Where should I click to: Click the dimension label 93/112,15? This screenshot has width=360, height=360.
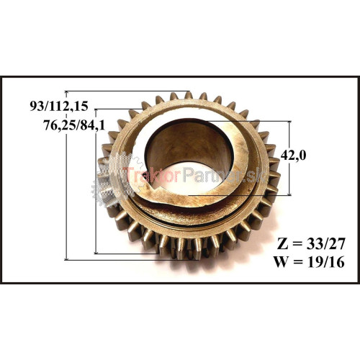coord(59,106)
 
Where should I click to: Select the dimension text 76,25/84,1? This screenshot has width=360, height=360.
coord(74,125)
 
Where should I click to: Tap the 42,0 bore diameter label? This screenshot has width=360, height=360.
coord(293,156)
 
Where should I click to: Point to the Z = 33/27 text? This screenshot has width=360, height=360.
coord(311,244)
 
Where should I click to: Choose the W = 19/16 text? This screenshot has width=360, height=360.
coord(310,262)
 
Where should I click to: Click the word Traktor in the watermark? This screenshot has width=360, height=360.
coord(151,174)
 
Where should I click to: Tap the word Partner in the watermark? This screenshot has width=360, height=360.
coord(211,174)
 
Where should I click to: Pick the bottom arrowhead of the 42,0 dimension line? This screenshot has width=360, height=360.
coord(289,193)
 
